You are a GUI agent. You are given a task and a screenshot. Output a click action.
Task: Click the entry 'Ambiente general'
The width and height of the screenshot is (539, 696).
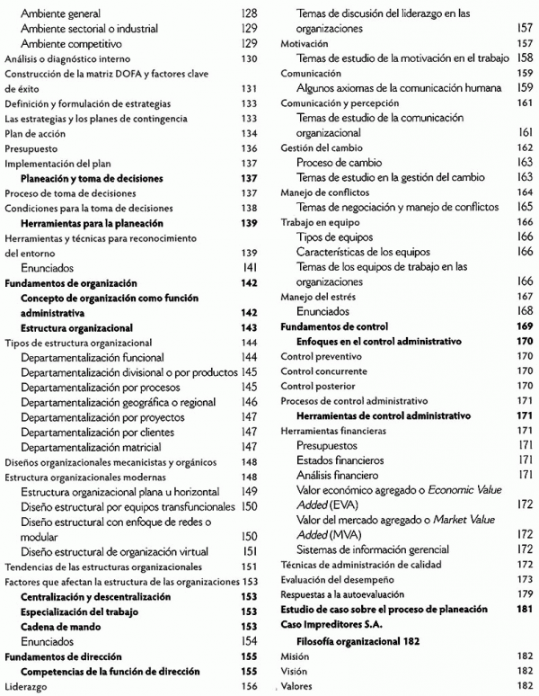[x=59, y=13]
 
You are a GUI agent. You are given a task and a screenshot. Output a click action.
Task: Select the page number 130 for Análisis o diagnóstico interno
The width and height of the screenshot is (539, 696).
[x=250, y=59]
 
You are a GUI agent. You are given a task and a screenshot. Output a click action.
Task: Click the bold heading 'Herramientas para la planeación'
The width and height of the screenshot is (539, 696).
[x=92, y=222]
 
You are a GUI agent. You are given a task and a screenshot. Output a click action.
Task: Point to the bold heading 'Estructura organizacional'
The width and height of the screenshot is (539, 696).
[x=76, y=328]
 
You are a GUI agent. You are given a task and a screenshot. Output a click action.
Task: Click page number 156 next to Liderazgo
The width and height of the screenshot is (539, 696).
[x=250, y=684]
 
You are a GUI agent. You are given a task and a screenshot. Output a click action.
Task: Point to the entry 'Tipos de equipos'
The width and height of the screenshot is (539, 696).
[x=336, y=236]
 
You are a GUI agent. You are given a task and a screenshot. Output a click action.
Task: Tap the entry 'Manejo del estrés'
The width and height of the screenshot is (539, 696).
[x=317, y=296]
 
